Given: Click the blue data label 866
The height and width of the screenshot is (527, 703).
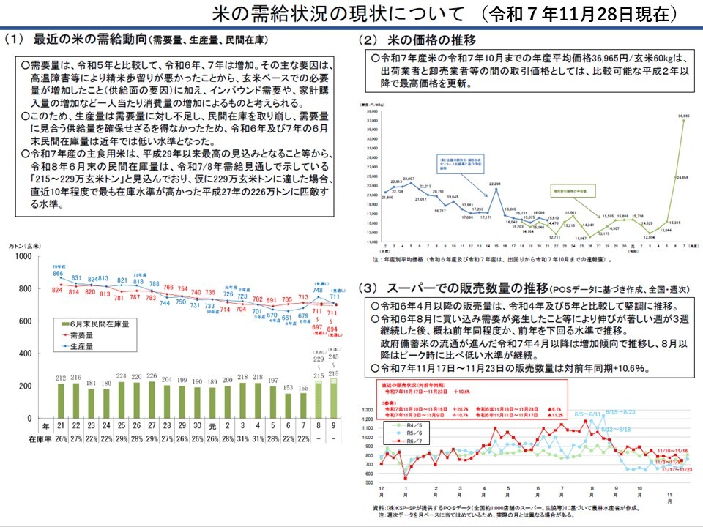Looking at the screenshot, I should [58, 273].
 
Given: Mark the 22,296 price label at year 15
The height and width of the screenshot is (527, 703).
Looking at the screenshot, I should [494, 183].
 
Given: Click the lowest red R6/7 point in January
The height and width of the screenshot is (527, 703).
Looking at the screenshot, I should [406, 478].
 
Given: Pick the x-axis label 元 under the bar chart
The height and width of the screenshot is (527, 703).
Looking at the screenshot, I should [212, 425].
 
